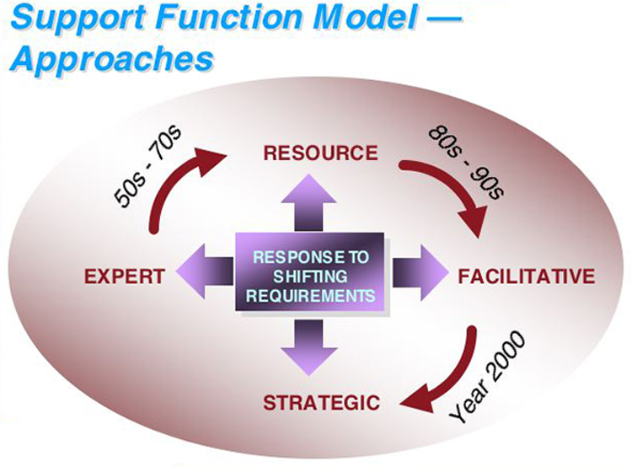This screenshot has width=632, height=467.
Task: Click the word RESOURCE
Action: tap(320, 153)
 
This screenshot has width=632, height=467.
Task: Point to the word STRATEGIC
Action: tap(320, 402)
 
